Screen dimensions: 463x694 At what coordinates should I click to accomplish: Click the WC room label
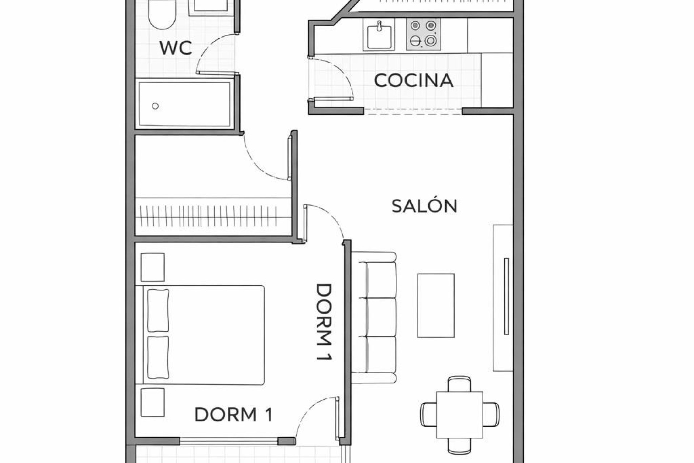click(176, 48)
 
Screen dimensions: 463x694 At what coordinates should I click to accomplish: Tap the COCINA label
click(414, 81)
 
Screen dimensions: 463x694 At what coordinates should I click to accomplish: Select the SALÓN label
click(424, 206)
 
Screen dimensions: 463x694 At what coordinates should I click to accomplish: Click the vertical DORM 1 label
click(324, 322)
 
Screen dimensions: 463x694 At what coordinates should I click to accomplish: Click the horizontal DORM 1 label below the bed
click(234, 415)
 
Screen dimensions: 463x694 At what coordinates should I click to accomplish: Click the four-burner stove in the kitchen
click(423, 34)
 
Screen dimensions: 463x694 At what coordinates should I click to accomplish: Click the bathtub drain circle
click(155, 106)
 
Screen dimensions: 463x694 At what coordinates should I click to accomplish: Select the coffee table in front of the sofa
click(436, 306)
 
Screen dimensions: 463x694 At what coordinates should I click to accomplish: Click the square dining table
click(459, 415)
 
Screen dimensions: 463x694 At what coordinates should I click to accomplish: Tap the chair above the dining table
click(459, 384)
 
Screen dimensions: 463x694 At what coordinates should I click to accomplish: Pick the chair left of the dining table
click(428, 415)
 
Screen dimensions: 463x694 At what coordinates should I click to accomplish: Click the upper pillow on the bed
click(158, 310)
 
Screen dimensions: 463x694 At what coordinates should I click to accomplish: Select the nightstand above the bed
click(153, 267)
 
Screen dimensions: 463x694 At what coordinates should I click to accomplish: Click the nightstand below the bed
click(153, 402)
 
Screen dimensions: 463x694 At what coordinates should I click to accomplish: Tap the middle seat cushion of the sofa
click(381, 317)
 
